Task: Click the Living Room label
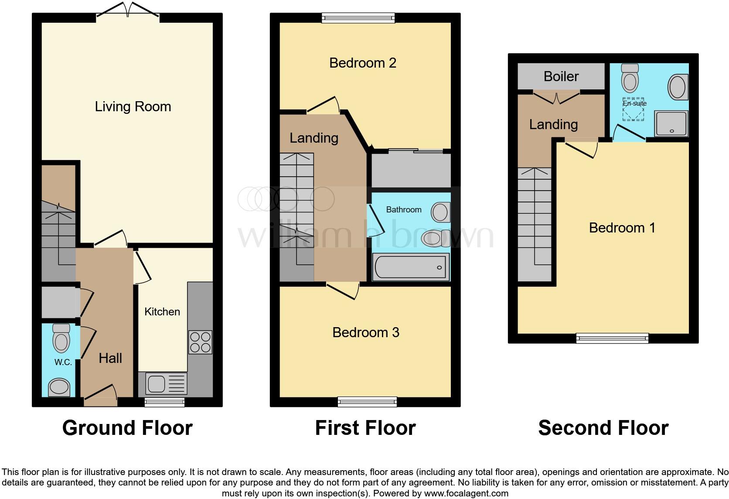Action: click(x=133, y=106)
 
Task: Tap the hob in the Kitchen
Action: click(x=200, y=342)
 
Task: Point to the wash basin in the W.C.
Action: click(x=59, y=387)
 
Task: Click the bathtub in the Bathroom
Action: click(x=411, y=267)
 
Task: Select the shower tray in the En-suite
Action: click(x=671, y=123)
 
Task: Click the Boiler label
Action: click(x=561, y=76)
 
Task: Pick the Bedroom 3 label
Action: click(x=366, y=332)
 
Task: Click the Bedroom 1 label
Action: click(x=622, y=228)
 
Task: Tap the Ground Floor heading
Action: click(x=127, y=428)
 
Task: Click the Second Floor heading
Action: click(x=603, y=428)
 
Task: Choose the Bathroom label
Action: click(x=404, y=210)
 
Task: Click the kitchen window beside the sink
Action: click(x=164, y=402)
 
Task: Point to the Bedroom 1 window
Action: click(x=612, y=338)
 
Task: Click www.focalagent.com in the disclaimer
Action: click(x=466, y=493)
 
